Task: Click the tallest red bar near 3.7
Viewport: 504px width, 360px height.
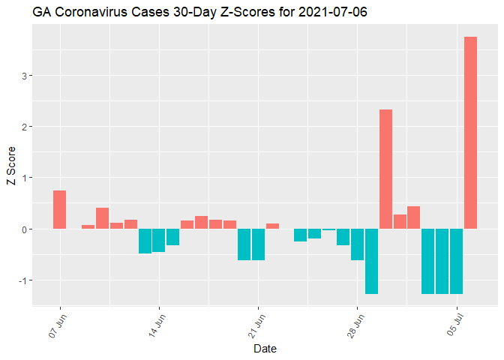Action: point(470,133)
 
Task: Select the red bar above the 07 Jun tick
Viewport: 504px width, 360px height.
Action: point(60,210)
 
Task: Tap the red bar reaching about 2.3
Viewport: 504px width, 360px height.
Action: point(385,169)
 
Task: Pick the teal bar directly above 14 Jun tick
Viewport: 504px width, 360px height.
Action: point(159,240)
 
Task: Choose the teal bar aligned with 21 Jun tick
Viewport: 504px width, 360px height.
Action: point(258,244)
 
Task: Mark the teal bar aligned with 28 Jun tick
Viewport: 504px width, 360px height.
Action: point(357,244)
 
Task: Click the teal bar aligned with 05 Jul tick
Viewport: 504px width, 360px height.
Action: point(456,261)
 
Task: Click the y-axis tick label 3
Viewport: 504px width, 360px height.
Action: point(25,76)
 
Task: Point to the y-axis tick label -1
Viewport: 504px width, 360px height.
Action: point(23,280)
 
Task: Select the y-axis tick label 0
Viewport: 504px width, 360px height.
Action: point(25,229)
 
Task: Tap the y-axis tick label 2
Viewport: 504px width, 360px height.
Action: point(25,127)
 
